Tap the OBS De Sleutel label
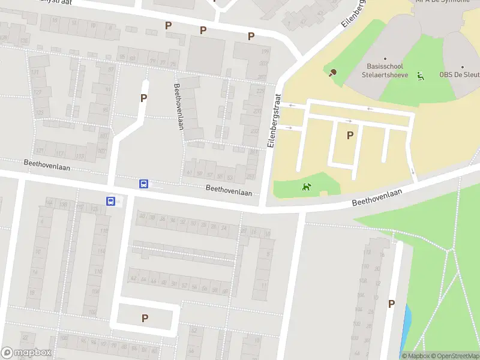(x=459, y=75)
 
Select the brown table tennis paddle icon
(x=332, y=73)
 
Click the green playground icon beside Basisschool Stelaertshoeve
(x=421, y=76)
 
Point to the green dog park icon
(x=307, y=187)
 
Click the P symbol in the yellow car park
(x=350, y=136)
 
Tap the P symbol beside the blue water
(x=391, y=304)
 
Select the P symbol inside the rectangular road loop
(x=145, y=318)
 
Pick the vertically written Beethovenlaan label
(x=178, y=106)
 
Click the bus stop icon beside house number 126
(x=111, y=202)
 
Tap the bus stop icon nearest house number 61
(x=144, y=184)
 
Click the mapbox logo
(x=26, y=352)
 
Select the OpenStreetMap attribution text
(x=455, y=356)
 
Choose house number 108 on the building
(x=92, y=313)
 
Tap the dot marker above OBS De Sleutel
(x=463, y=67)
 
